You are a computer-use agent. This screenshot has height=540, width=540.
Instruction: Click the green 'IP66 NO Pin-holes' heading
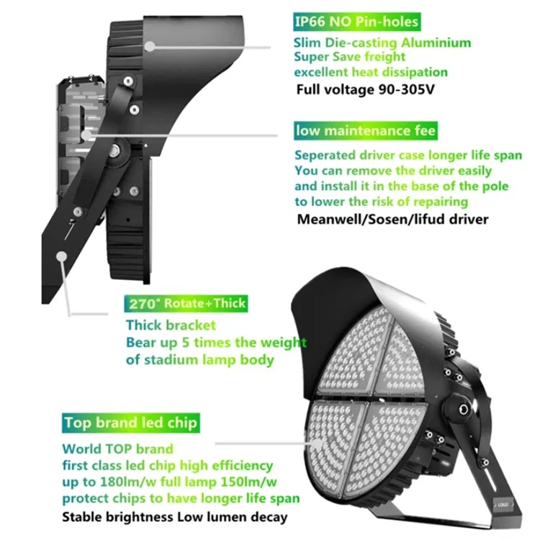(x=355, y=22)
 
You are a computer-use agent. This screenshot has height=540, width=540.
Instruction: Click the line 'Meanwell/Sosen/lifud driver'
(x=392, y=218)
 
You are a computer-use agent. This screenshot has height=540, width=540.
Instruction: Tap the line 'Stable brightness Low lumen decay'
(x=174, y=516)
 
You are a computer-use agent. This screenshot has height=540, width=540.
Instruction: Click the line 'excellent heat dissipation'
(x=370, y=72)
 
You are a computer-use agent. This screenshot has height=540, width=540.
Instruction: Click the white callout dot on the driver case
(x=86, y=135)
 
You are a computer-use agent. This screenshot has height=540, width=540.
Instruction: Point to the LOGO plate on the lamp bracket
(x=502, y=508)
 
